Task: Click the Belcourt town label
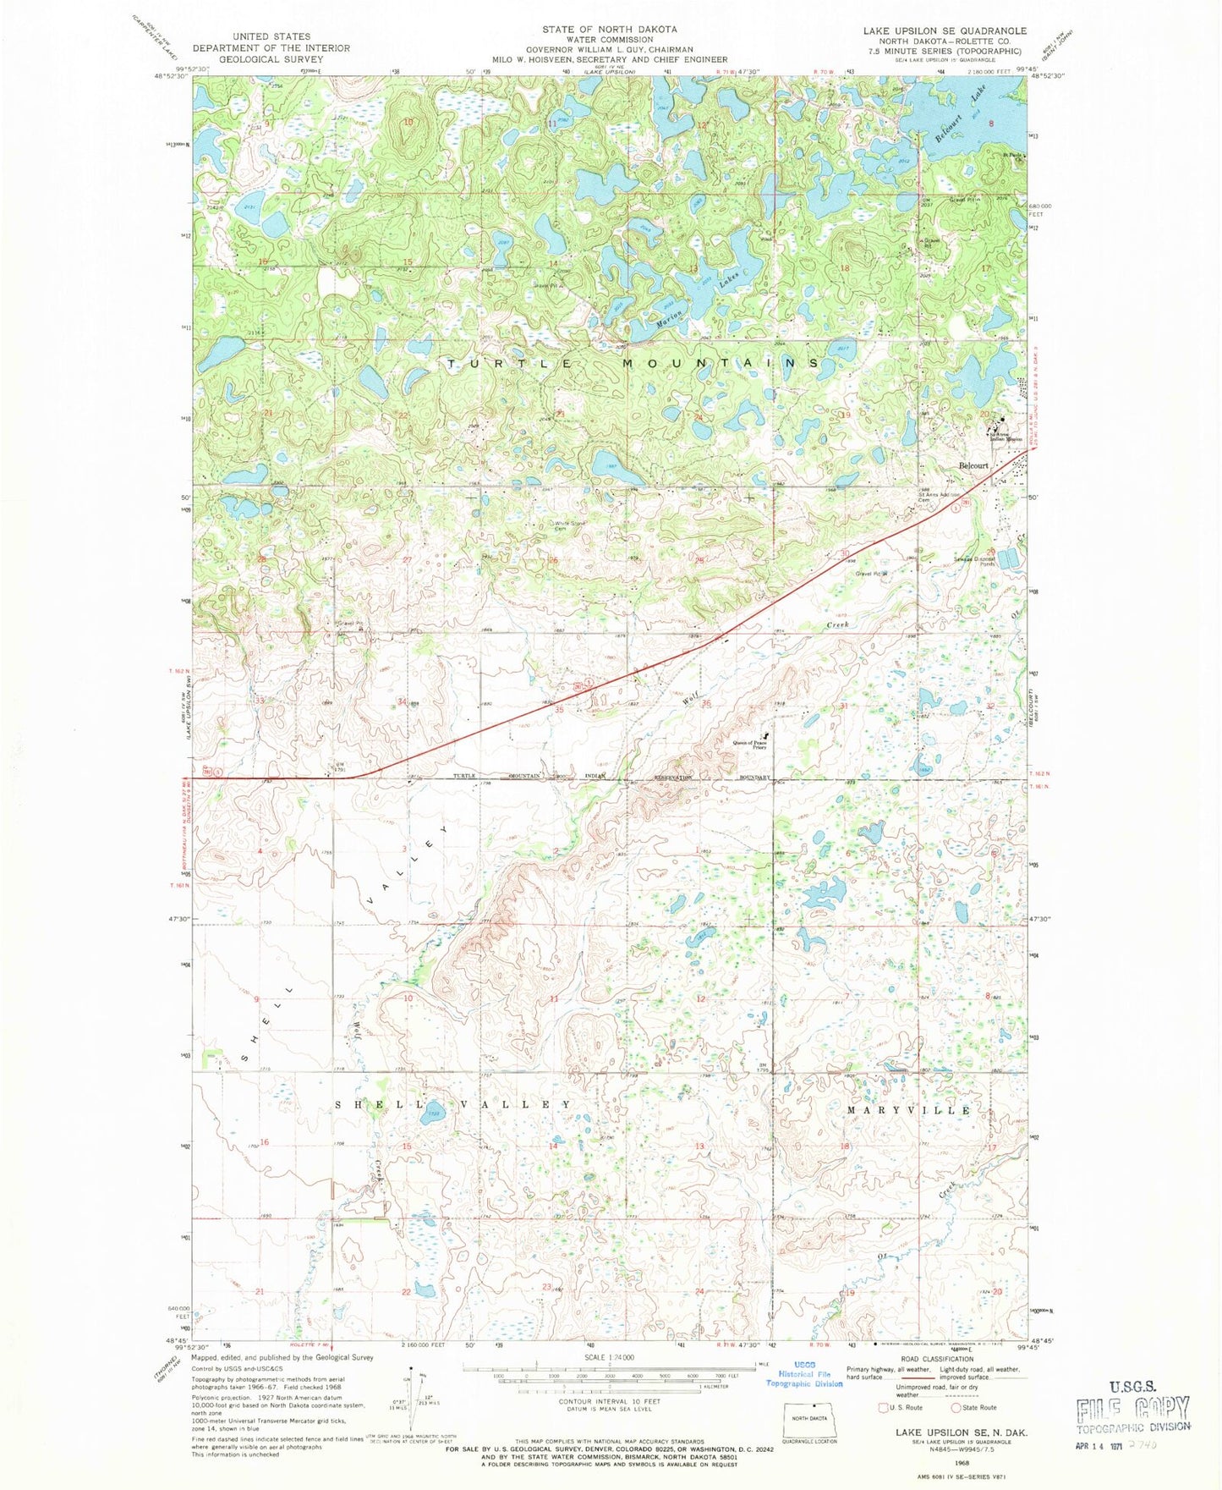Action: [x=973, y=465]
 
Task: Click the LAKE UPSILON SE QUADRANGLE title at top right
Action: [x=944, y=30]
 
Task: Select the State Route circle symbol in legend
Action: [x=956, y=1407]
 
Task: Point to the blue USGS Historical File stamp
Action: [x=803, y=1378]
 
